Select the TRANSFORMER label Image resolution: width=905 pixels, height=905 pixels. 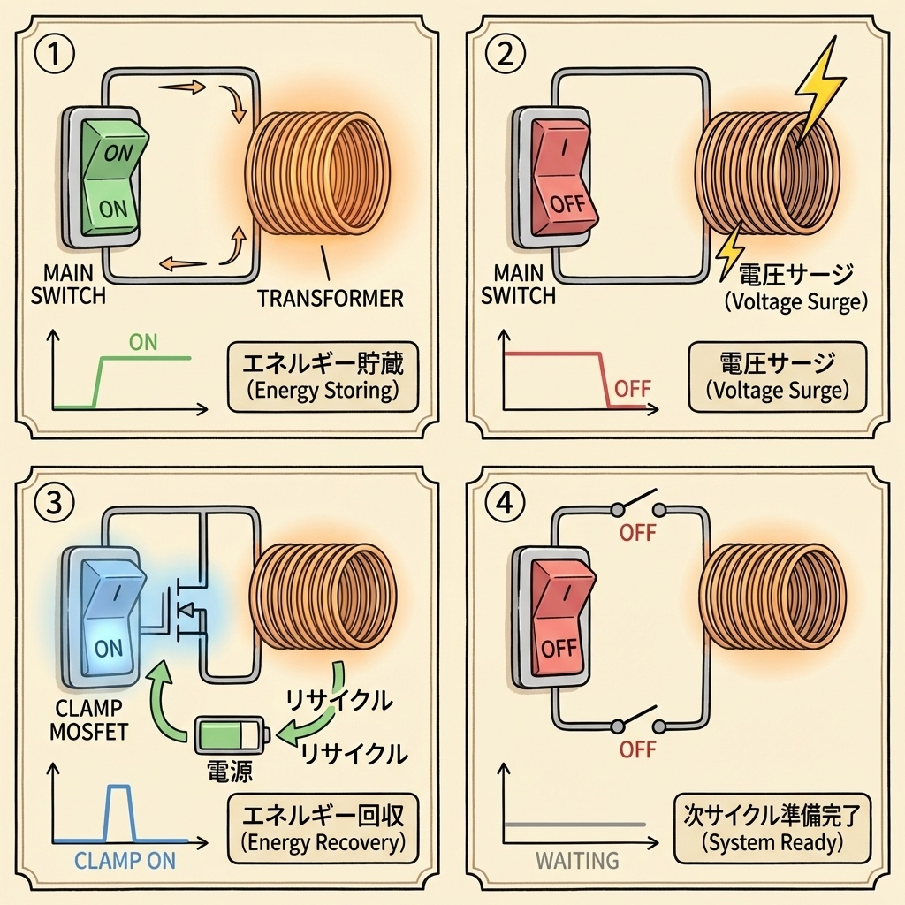click(x=330, y=298)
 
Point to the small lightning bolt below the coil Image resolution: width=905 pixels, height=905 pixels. click(x=730, y=250)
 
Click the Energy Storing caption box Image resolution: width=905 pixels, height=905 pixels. click(x=323, y=376)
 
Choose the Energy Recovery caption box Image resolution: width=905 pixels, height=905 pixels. click(x=323, y=828)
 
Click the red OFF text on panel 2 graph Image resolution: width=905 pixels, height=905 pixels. click(x=633, y=388)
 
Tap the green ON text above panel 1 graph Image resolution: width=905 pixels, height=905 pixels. click(x=143, y=341)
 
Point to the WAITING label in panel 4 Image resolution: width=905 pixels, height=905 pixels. click(x=577, y=860)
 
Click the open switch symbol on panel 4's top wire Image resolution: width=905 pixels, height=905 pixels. click(x=638, y=506)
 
